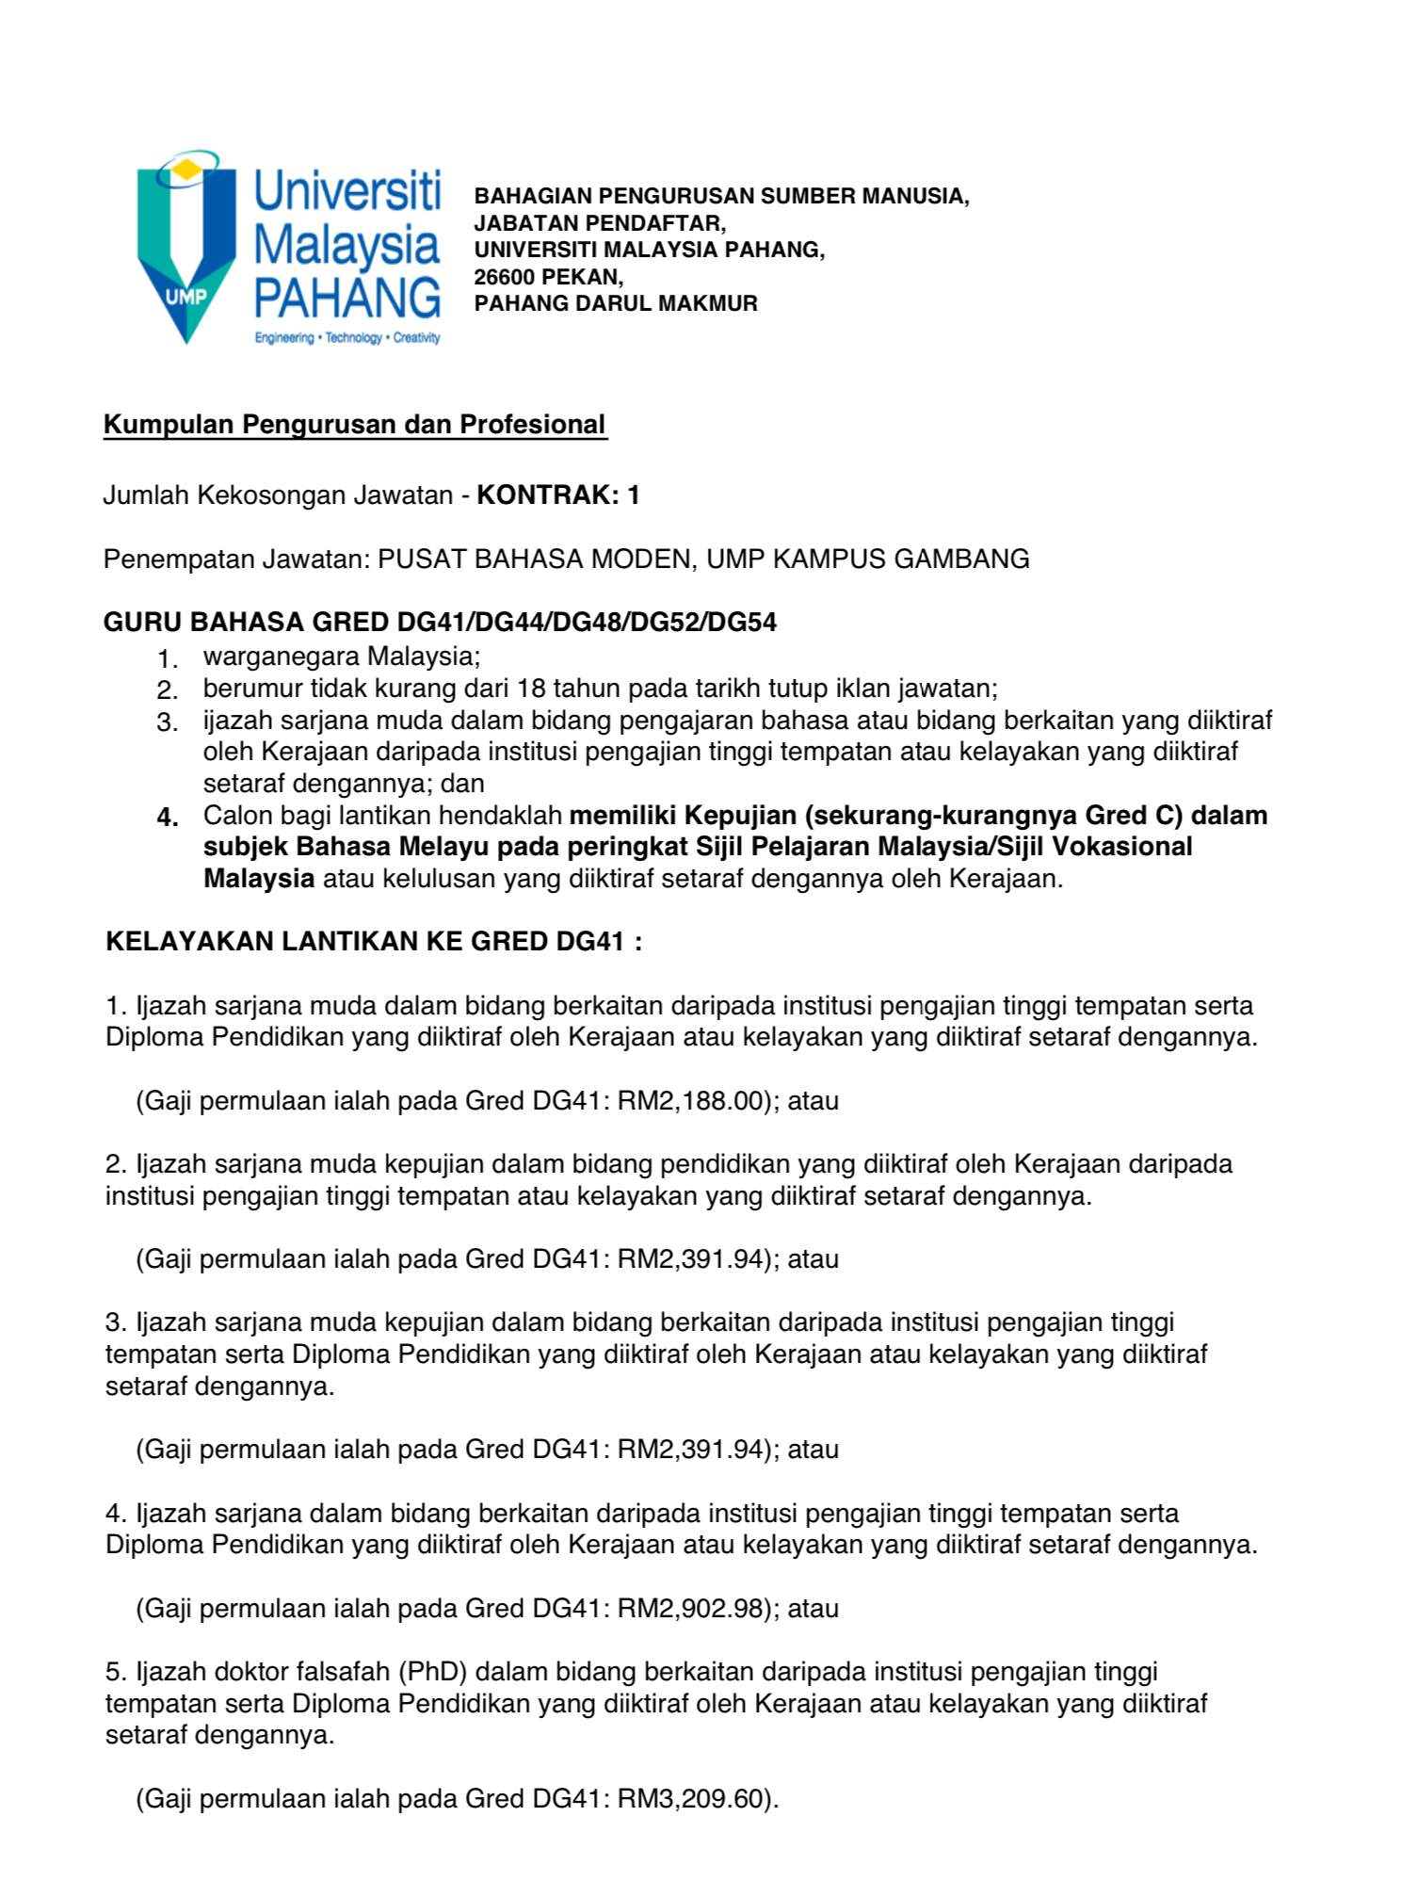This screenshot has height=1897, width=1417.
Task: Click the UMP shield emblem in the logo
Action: click(x=186, y=247)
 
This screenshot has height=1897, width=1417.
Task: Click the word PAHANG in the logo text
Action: click(x=346, y=299)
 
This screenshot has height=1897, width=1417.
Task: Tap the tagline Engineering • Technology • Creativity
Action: click(x=346, y=338)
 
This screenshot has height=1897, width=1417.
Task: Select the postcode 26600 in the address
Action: click(x=505, y=277)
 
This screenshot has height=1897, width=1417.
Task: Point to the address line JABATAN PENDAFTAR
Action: click(x=600, y=223)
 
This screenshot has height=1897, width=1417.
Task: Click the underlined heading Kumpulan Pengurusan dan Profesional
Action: click(x=354, y=425)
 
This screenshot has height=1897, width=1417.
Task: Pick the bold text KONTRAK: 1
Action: click(x=558, y=495)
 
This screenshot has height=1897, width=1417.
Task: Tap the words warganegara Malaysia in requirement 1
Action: click(x=341, y=656)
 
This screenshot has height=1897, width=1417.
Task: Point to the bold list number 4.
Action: click(x=168, y=818)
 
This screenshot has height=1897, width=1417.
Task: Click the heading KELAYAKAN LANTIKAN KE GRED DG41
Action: click(x=374, y=942)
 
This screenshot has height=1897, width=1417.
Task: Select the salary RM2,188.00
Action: click(x=689, y=1101)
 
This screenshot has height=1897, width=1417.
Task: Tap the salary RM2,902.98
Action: click(x=689, y=1608)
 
